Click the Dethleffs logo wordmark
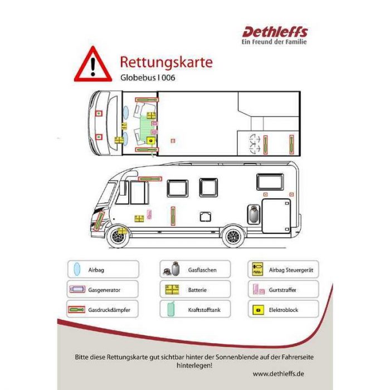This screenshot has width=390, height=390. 275,32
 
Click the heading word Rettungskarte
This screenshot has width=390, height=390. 166,62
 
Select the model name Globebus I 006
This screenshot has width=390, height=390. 148,77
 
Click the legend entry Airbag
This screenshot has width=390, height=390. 103,269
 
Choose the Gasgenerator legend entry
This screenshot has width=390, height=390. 103,289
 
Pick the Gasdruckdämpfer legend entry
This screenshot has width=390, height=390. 103,309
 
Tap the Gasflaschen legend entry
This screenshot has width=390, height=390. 195,269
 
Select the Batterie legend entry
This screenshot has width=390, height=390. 195,289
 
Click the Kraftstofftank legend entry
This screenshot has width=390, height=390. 195,309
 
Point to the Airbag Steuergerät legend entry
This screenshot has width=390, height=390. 283,269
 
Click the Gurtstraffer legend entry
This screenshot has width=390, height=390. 283,289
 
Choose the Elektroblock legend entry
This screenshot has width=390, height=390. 283,309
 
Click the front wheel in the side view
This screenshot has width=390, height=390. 117,236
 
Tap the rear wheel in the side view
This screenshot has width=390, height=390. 233,236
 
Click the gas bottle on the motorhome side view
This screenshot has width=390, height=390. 253,214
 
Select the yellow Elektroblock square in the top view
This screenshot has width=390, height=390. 151,141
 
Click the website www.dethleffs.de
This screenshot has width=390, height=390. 279,374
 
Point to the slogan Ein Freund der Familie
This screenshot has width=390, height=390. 274,42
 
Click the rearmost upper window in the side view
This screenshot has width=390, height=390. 270,182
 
